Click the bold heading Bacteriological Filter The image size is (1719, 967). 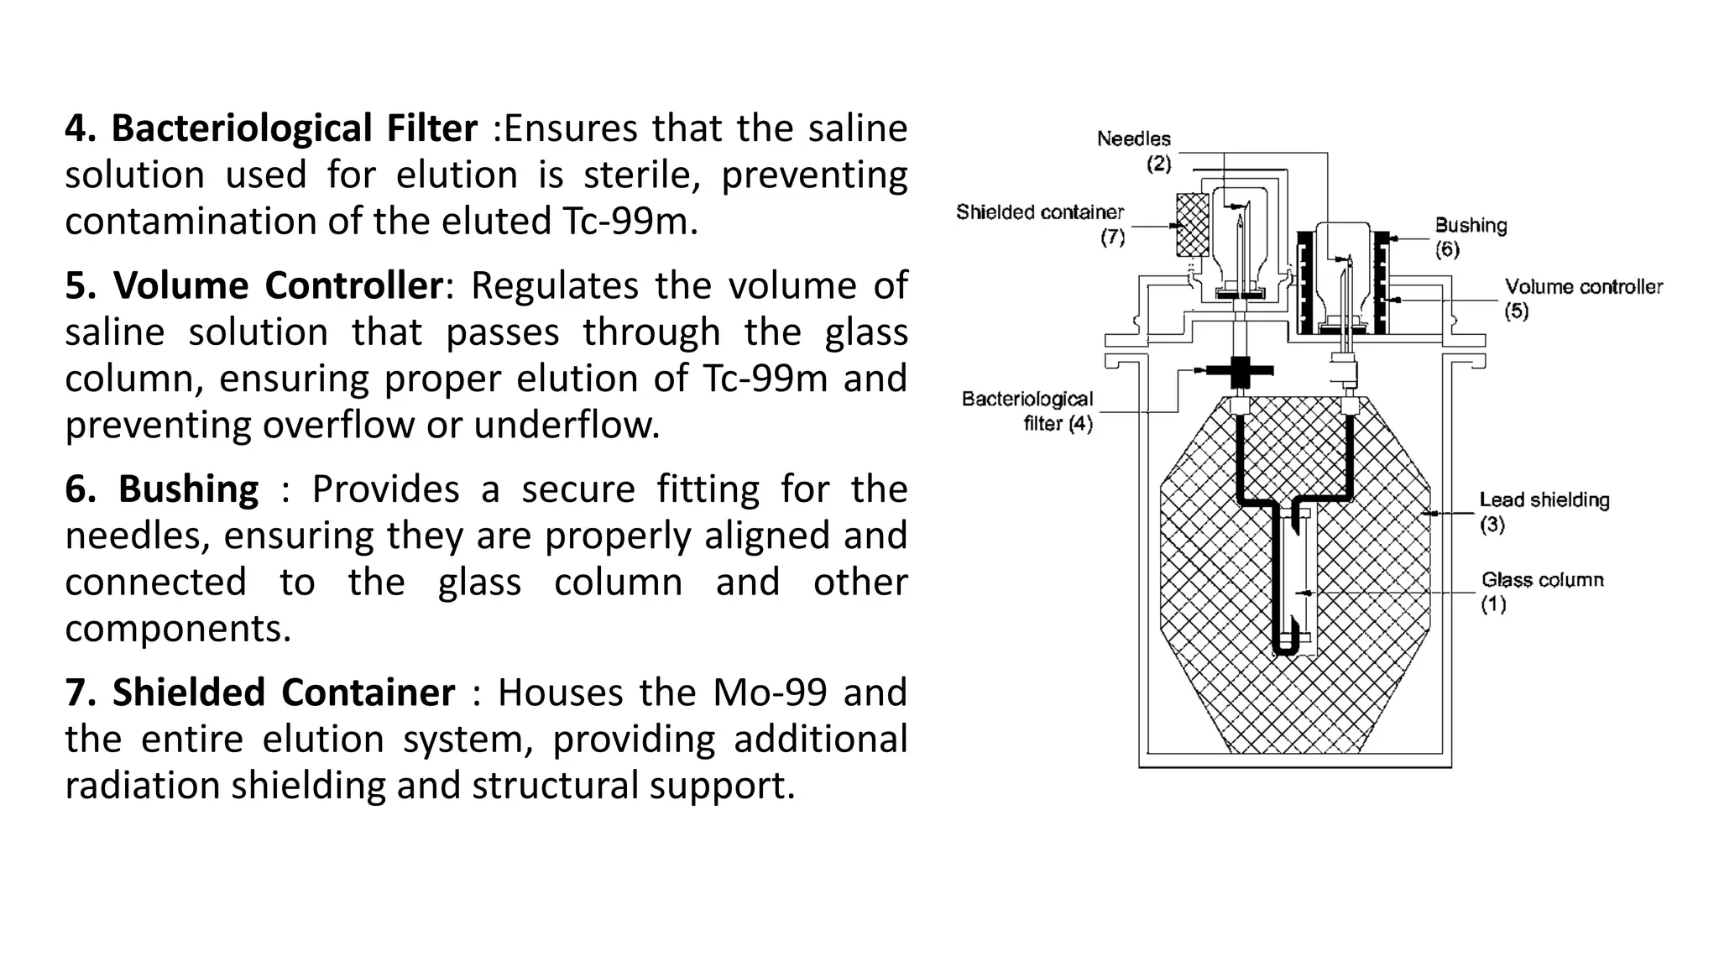pyautogui.click(x=294, y=128)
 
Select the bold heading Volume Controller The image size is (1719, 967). pyautogui.click(x=278, y=285)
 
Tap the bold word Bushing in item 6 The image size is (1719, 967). pyautogui.click(x=188, y=489)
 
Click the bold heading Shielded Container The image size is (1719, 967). pyautogui.click(x=284, y=693)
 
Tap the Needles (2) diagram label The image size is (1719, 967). pyautogui.click(x=1134, y=150)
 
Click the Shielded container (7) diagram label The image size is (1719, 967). pyautogui.click(x=1041, y=223)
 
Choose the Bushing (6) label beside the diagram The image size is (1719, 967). pyautogui.click(x=1470, y=237)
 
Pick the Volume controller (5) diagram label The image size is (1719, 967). pyautogui.click(x=1582, y=298)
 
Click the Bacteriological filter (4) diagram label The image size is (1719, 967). pyautogui.click(x=1028, y=410)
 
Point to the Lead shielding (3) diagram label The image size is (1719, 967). pyautogui.click(x=1544, y=511)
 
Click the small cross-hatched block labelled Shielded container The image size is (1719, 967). pyautogui.click(x=1193, y=224)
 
